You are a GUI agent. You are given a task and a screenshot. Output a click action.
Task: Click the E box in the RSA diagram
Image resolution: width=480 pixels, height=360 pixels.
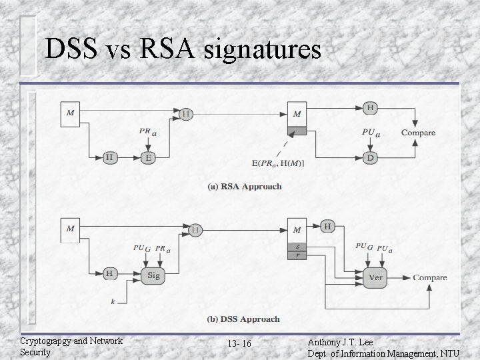pyautogui.click(x=148, y=158)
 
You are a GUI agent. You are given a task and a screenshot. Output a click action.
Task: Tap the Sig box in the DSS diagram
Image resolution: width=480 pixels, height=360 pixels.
pyautogui.click(x=153, y=275)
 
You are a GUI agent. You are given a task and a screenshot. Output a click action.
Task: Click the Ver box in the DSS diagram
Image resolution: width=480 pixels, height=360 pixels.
pyautogui.click(x=374, y=277)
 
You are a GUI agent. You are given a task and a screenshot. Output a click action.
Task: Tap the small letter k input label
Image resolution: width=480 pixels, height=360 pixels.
pyautogui.click(x=113, y=302)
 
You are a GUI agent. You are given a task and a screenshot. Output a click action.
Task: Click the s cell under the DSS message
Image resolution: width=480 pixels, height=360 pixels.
pyautogui.click(x=297, y=246)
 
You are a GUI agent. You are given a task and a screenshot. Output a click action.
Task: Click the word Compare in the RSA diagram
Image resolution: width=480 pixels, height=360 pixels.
pyautogui.click(x=418, y=133)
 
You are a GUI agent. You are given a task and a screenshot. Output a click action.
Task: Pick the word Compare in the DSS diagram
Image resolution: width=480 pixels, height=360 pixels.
pyautogui.click(x=430, y=277)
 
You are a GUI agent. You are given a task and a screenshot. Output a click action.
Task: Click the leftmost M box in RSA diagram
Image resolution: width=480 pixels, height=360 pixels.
pyautogui.click(x=71, y=113)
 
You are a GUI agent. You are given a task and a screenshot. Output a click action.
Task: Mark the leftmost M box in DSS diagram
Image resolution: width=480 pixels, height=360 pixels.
pyautogui.click(x=71, y=229)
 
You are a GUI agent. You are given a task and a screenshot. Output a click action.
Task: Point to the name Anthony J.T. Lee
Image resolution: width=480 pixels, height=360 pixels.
pyautogui.click(x=341, y=341)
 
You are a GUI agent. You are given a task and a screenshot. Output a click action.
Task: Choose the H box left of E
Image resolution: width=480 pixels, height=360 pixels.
pyautogui.click(x=109, y=158)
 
